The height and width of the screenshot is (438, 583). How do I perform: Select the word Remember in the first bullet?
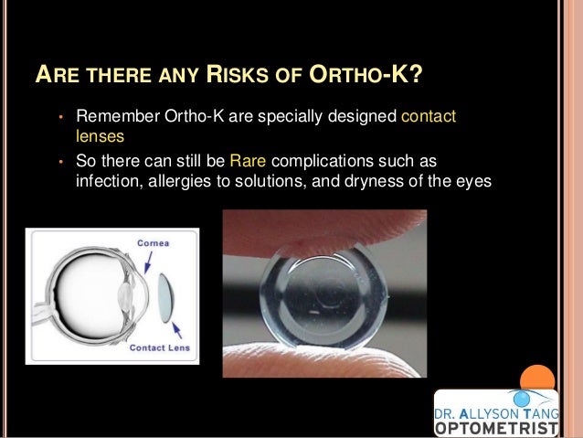(114, 117)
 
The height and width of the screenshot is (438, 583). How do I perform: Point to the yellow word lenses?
(99, 135)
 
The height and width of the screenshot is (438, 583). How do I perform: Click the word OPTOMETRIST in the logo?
(494, 425)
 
